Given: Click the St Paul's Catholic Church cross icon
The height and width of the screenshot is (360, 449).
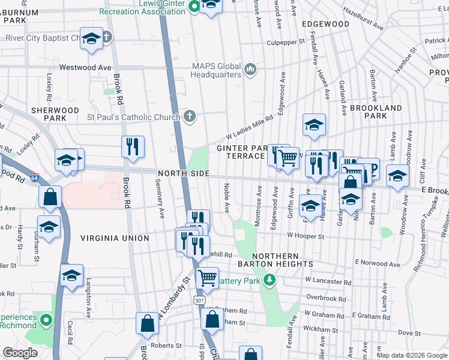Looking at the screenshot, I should click(190, 116).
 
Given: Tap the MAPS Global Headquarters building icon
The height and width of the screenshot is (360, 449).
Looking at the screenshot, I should click(250, 70).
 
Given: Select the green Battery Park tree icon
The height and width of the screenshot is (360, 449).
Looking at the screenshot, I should click(270, 280).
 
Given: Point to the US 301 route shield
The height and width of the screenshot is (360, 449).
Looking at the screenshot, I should click(197, 299).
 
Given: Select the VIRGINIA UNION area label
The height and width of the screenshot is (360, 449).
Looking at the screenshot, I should click(115, 238).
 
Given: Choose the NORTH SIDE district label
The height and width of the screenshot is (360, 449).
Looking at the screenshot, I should click(183, 173).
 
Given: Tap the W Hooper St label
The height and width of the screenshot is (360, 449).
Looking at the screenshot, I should click(306, 236).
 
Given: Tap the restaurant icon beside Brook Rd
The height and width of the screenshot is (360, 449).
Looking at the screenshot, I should click(133, 146).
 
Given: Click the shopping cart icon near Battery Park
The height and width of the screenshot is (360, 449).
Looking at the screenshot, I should click(207, 277).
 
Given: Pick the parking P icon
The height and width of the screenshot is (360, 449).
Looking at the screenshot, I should click(369, 169).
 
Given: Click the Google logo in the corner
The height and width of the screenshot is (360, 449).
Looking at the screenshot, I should click(20, 353).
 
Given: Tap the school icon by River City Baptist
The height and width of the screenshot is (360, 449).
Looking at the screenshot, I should click(91, 40).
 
